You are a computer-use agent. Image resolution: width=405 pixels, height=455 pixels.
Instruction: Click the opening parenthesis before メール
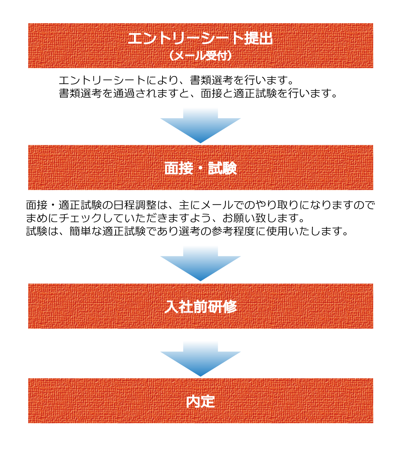point(171,56)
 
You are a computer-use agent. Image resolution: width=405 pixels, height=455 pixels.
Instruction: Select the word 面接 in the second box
point(179,168)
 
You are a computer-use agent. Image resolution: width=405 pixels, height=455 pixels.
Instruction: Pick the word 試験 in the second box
point(222,168)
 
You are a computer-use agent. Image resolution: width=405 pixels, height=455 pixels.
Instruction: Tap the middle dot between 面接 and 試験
point(200,168)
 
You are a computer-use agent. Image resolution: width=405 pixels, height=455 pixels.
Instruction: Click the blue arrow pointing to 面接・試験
point(200,125)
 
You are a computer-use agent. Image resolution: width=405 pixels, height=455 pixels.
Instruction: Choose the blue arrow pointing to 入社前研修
point(200,263)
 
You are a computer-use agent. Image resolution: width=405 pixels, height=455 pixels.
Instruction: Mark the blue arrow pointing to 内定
point(200,358)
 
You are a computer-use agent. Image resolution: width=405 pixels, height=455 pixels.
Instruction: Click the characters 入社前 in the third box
point(186,307)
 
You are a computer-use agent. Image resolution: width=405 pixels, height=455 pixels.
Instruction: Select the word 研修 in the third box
point(222,307)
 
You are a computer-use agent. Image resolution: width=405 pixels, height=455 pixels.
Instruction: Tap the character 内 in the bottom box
point(193,401)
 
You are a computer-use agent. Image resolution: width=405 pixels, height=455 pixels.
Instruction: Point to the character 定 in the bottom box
point(208,401)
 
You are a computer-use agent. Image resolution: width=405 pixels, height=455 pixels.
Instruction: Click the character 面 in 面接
point(171,168)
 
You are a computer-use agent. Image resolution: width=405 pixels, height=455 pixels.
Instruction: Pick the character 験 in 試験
point(230,168)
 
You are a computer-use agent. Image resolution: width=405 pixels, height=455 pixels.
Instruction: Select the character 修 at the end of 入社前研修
point(230,307)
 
